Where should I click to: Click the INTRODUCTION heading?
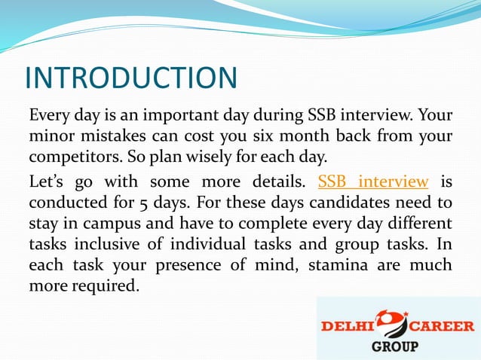(x=131, y=78)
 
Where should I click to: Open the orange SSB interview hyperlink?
(x=373, y=182)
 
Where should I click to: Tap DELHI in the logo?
(x=351, y=327)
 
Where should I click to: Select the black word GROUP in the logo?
(x=397, y=347)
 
